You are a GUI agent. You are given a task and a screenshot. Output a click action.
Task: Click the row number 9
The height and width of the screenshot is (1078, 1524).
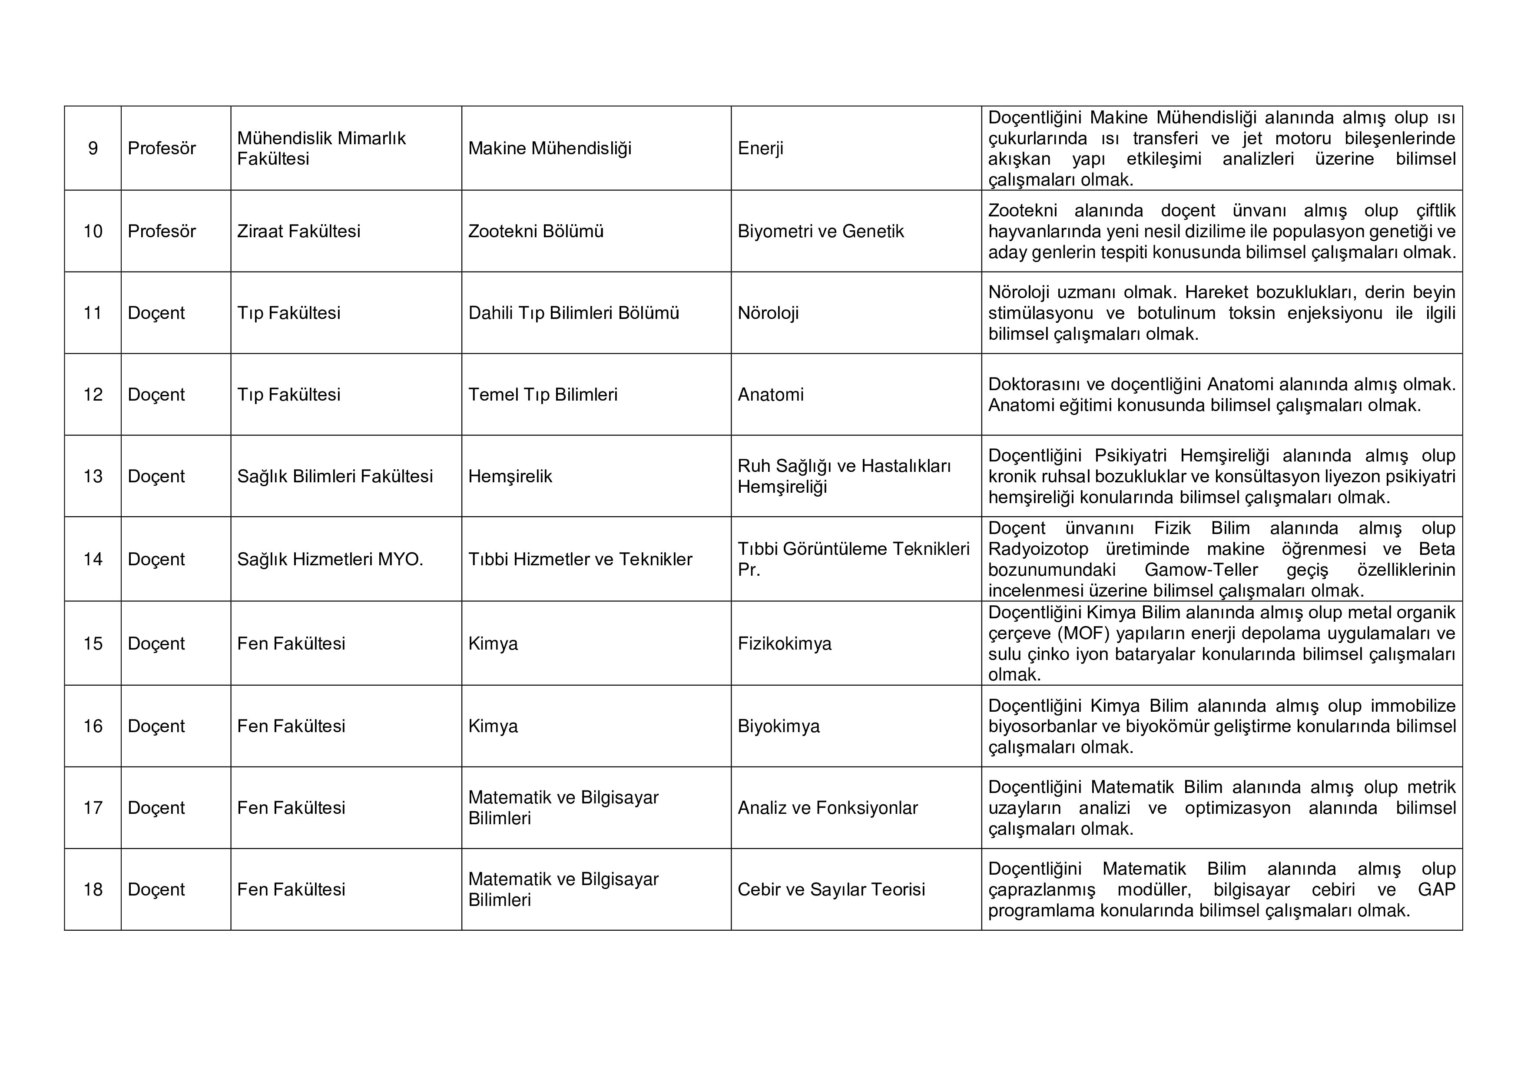[x=93, y=148]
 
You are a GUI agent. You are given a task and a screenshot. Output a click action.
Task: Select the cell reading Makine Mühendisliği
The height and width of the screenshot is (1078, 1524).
[x=550, y=148]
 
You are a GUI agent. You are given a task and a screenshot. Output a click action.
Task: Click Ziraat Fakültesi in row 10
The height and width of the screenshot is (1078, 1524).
[x=299, y=231]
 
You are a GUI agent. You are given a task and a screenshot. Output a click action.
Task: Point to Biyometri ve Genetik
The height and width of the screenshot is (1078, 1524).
[x=820, y=231]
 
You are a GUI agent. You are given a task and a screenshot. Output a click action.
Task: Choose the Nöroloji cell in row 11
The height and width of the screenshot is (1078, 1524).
[x=768, y=313]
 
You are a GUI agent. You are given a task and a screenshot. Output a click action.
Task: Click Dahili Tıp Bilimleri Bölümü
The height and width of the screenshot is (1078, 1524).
[x=573, y=313]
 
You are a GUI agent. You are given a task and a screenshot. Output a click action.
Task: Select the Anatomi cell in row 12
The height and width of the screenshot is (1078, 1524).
[x=770, y=394]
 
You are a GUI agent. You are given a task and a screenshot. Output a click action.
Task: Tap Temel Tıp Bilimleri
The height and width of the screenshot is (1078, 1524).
[x=542, y=394]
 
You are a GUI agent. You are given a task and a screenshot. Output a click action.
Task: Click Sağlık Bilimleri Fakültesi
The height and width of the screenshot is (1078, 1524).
[x=335, y=476]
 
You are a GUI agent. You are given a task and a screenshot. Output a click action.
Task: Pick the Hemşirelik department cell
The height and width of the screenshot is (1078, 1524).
[x=510, y=476]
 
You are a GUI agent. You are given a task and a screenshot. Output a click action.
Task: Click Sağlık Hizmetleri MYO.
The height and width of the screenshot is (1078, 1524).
[x=330, y=559]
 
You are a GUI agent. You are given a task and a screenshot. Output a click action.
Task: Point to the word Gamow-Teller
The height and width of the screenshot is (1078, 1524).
[x=1201, y=570]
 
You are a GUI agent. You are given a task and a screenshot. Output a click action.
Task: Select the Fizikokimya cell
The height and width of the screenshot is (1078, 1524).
[x=784, y=643]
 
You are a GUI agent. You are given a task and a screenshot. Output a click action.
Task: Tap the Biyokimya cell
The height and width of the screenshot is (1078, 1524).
[x=779, y=726]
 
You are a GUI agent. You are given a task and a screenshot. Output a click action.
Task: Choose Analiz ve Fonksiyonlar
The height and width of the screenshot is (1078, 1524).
[x=827, y=807]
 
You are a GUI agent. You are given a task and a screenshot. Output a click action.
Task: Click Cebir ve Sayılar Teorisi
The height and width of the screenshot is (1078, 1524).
[x=831, y=889]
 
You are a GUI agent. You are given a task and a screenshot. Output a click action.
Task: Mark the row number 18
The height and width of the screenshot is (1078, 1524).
[x=93, y=889]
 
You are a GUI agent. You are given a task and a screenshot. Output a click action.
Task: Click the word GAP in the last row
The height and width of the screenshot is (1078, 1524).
[x=1436, y=889]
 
